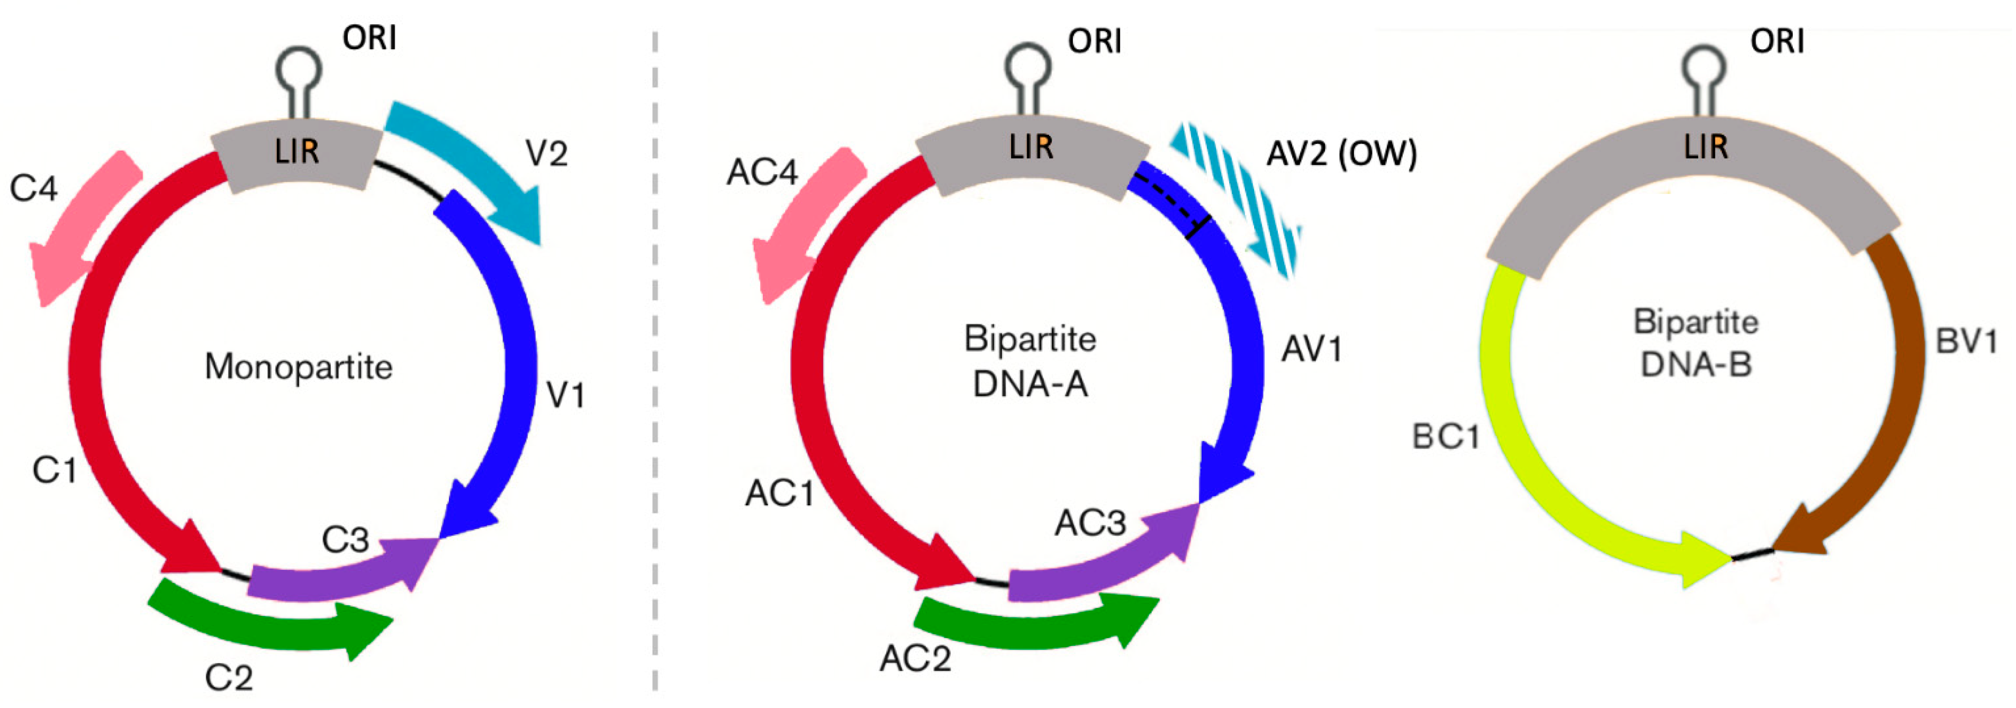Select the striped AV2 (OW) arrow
(x=1236, y=196)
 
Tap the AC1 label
(x=780, y=493)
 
